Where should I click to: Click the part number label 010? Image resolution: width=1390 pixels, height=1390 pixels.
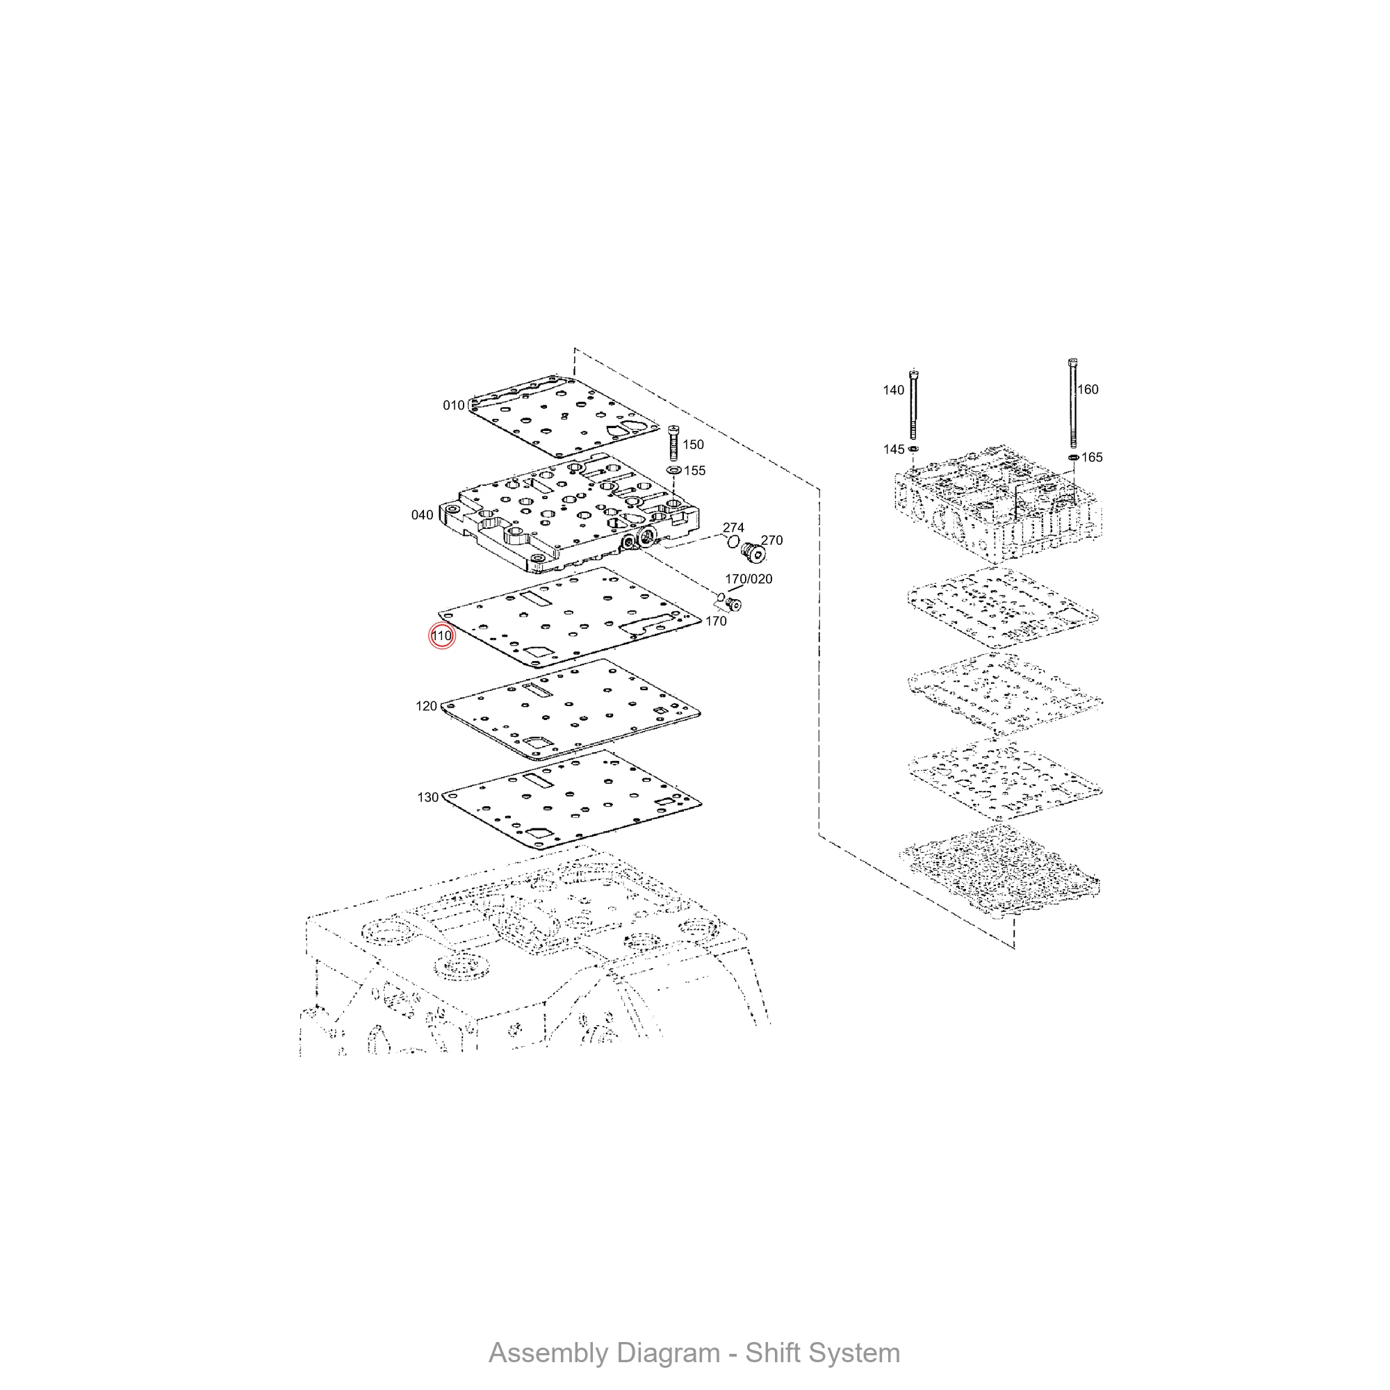click(453, 405)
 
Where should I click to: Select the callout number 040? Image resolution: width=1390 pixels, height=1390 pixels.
click(422, 514)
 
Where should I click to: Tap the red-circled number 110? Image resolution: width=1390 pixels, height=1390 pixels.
click(441, 636)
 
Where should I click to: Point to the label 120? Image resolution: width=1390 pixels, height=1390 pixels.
click(426, 706)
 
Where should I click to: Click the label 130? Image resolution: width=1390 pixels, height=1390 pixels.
click(427, 797)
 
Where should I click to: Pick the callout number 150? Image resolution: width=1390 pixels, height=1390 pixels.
click(693, 445)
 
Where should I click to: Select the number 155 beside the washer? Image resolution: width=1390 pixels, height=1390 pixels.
click(694, 471)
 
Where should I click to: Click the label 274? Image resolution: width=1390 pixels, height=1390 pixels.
click(733, 528)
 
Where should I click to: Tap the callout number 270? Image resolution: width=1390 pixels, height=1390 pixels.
click(771, 540)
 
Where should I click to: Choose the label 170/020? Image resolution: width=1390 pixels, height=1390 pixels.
click(749, 579)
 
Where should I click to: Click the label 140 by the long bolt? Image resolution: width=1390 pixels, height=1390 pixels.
click(893, 390)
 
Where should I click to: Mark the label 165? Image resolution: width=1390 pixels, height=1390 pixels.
click(1091, 457)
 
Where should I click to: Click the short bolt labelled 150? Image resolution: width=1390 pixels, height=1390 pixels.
click(673, 443)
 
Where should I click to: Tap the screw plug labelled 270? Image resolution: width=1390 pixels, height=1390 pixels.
click(752, 553)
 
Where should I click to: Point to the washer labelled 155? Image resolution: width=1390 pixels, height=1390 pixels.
click(674, 470)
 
